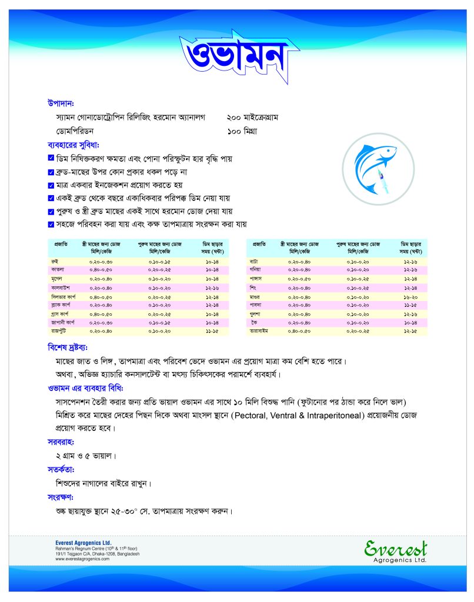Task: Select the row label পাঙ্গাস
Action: [258, 279]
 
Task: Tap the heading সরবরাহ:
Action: [61, 442]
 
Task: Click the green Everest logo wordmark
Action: [395, 548]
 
